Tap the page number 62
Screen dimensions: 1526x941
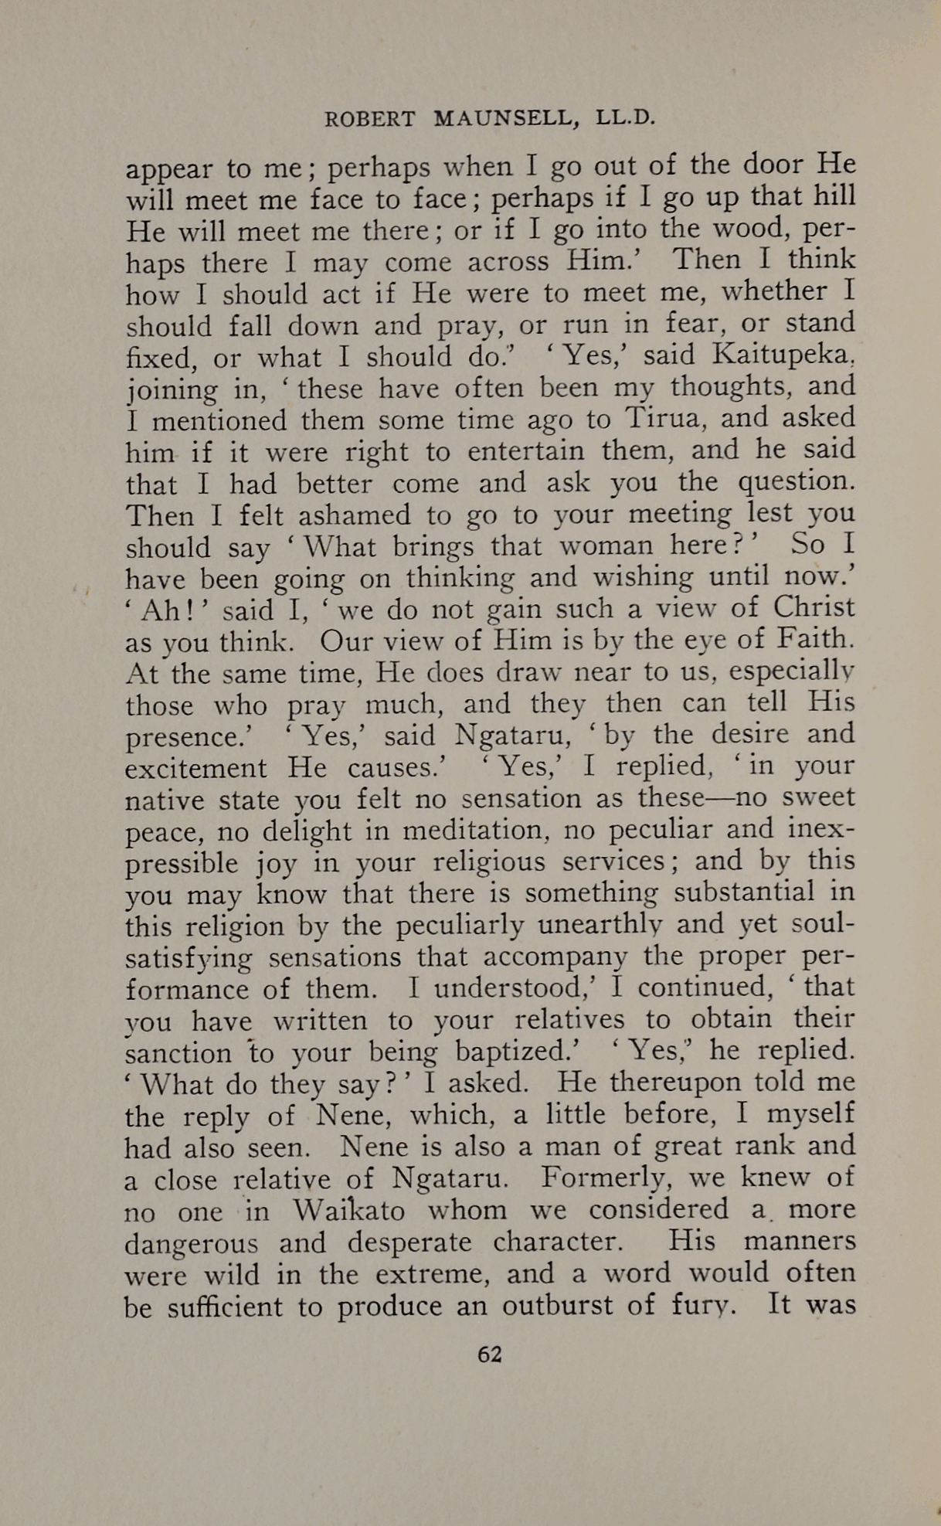[x=490, y=1354]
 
